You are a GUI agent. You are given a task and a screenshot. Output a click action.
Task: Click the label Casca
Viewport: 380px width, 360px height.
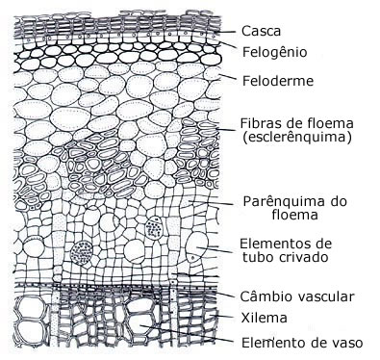tap(263, 31)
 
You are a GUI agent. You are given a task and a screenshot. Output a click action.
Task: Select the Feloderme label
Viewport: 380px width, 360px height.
tap(276, 82)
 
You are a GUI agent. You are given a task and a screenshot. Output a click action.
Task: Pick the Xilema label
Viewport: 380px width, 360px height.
tap(265, 317)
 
